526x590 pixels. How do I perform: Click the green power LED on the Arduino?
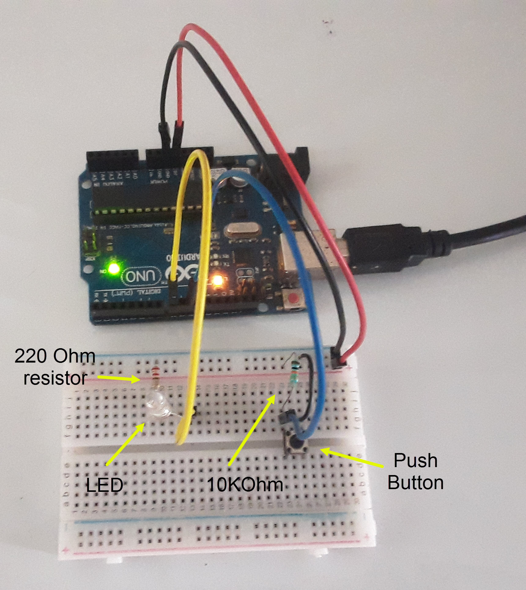tap(114, 268)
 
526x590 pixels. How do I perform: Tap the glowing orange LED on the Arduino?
tap(217, 280)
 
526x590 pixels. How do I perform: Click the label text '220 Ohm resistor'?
tap(55, 367)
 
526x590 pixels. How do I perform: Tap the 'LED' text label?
tap(104, 485)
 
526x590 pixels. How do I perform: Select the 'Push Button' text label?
tap(415, 471)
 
